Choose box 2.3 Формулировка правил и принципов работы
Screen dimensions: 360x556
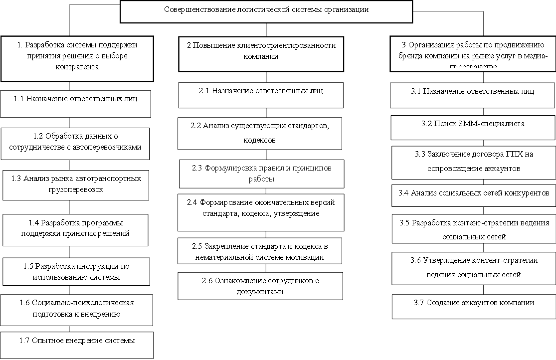pos(262,174)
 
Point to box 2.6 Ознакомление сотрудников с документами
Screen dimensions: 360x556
pos(260,286)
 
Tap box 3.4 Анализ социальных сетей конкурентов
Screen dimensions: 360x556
pos(473,194)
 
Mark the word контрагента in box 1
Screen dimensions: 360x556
pos(77,67)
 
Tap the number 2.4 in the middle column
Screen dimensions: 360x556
pos(192,202)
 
